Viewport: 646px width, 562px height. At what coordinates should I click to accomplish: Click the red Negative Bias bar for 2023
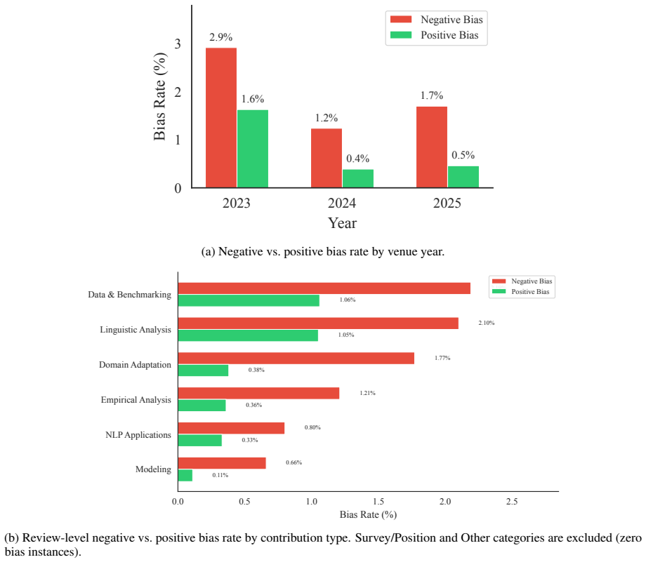pos(221,118)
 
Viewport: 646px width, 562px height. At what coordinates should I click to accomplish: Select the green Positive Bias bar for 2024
pos(358,179)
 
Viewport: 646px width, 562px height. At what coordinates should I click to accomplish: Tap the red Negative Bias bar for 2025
pos(432,147)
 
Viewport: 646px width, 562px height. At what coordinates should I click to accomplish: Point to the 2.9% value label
pos(220,37)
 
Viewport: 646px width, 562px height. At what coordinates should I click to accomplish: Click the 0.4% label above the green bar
pos(357,159)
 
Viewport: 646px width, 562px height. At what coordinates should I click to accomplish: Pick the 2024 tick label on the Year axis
pos(341,203)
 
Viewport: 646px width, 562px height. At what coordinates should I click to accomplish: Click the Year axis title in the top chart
pos(342,222)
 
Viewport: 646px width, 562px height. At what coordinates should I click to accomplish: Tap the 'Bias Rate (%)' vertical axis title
pos(159,96)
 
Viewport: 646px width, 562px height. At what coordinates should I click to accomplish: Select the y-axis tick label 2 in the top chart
pos(178,92)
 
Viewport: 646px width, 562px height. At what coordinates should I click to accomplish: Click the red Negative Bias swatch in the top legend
pos(401,20)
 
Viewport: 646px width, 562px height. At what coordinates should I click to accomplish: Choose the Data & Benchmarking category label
pos(129,295)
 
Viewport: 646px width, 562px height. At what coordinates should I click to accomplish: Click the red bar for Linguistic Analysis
pos(318,323)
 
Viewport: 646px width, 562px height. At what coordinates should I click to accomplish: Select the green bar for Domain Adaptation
pos(203,370)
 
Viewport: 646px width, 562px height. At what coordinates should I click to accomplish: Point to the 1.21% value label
pos(367,393)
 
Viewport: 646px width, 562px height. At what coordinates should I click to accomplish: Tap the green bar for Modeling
pos(185,476)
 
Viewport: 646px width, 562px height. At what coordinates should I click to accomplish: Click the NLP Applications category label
pos(138,435)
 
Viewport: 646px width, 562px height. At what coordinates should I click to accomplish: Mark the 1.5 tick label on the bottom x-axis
pos(378,502)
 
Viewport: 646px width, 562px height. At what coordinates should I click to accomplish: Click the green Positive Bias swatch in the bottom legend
pos(499,291)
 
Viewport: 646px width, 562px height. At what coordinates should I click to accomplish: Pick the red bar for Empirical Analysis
pos(258,393)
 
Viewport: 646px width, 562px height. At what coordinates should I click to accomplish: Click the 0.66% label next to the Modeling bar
pos(294,463)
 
